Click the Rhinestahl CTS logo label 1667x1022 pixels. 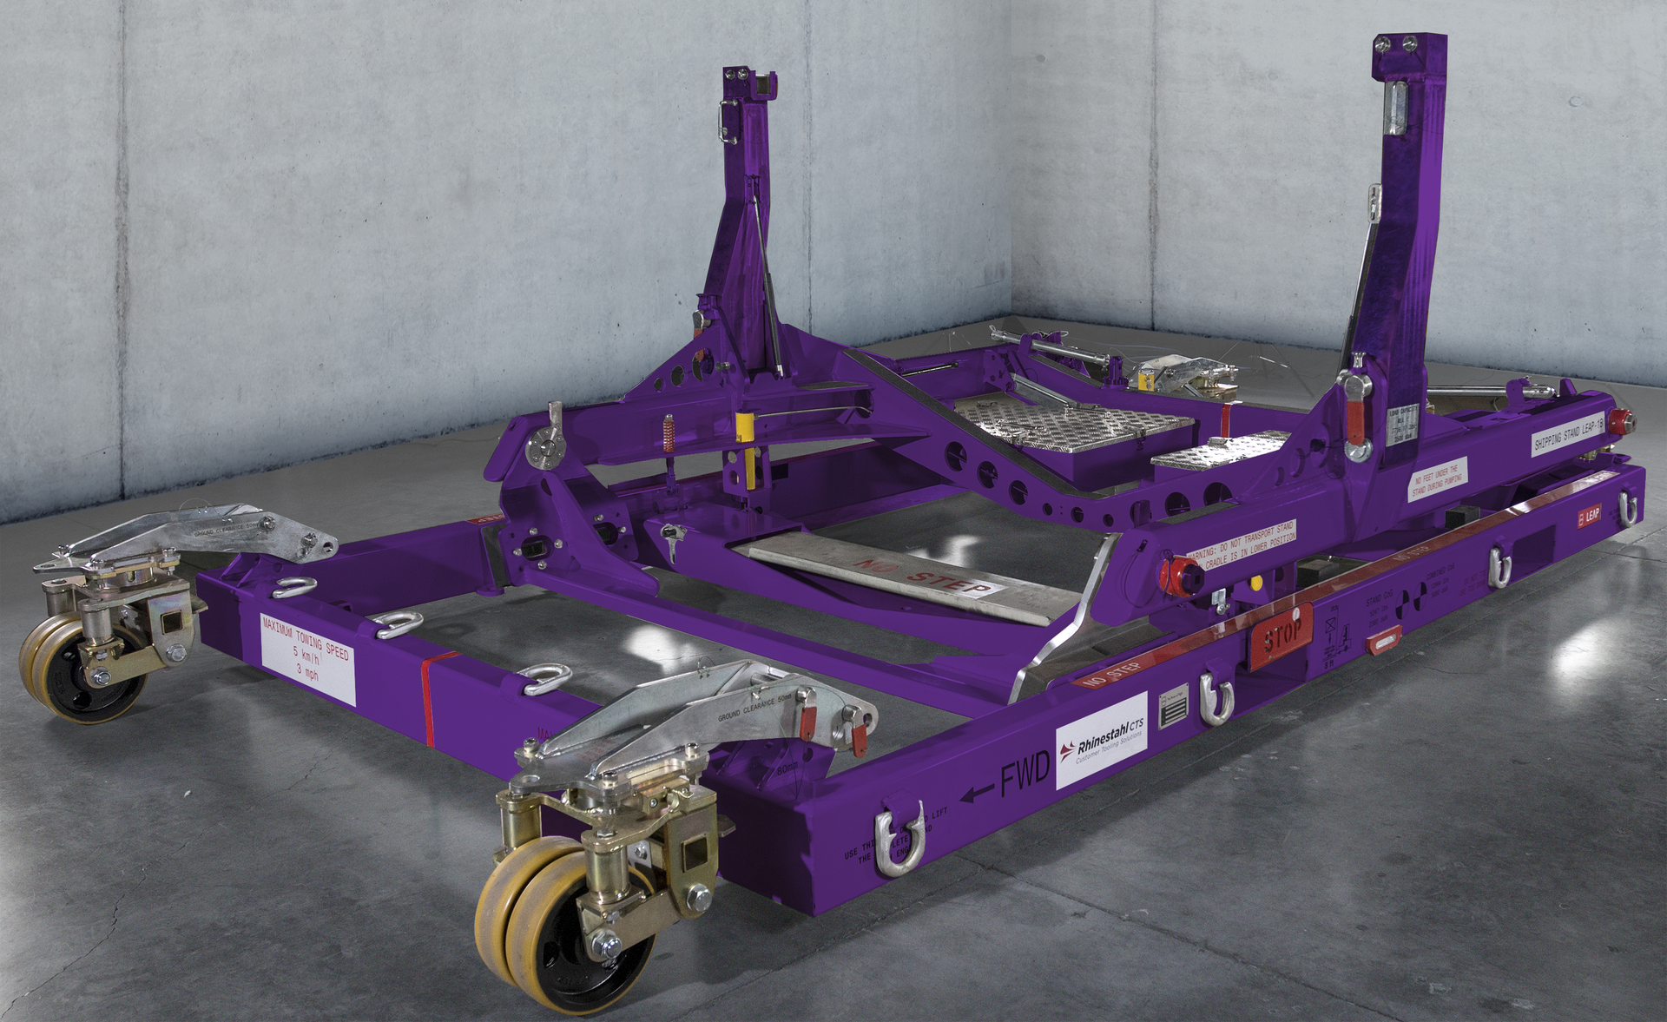click(x=1101, y=741)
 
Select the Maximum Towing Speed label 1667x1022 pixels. click(x=307, y=657)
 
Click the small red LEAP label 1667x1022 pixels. click(x=1589, y=517)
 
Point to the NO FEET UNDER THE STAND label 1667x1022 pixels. click(x=1437, y=478)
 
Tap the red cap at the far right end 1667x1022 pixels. click(x=1619, y=421)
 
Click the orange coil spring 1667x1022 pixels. click(x=669, y=433)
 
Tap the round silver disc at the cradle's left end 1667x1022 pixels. click(x=544, y=447)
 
